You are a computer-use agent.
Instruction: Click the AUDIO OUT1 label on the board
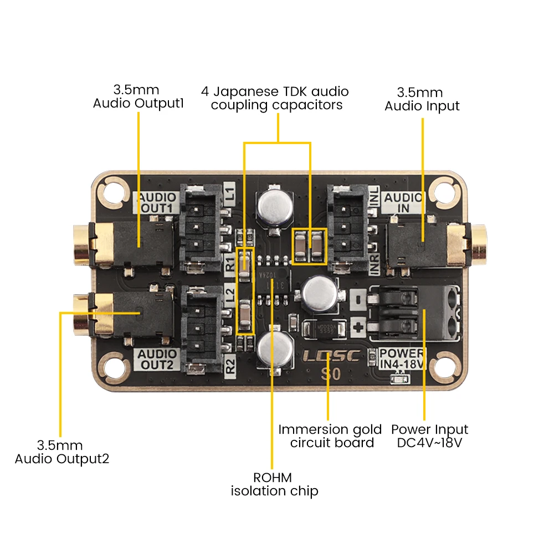[x=156, y=203]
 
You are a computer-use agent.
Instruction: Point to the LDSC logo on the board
[x=331, y=356]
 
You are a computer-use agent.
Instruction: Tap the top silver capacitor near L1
[x=272, y=207]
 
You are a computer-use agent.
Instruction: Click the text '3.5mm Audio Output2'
[x=61, y=452]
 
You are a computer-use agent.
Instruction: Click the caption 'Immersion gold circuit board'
[x=330, y=436]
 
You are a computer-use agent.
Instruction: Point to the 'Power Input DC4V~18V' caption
[x=429, y=436]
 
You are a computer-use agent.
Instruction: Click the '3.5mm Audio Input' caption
[x=422, y=99]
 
